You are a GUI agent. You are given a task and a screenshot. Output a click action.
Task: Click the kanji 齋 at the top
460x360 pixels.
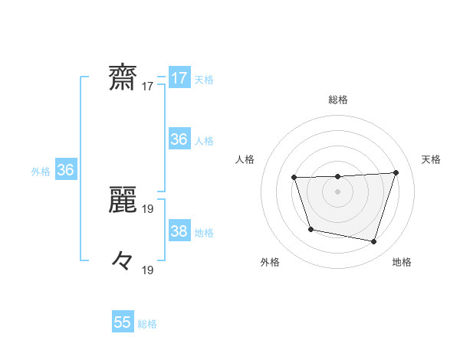point(123,78)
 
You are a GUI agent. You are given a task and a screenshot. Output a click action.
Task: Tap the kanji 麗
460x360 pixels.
point(123,198)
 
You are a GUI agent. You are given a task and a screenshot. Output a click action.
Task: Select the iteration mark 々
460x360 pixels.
point(123,260)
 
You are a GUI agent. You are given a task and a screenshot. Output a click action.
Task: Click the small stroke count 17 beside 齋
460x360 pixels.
point(148,87)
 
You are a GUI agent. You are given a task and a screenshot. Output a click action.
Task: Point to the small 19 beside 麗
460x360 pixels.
point(148,208)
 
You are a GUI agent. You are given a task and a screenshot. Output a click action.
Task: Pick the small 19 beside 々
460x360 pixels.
point(148,270)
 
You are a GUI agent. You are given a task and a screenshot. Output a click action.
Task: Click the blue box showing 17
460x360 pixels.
point(179,78)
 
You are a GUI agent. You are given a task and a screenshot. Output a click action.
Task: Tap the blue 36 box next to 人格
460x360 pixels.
point(179,139)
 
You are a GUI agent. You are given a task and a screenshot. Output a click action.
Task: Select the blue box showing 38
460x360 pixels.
point(179,231)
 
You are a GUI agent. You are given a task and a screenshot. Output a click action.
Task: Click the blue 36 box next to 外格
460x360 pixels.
point(65,170)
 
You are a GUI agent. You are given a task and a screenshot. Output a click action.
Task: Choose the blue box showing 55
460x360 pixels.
point(123,322)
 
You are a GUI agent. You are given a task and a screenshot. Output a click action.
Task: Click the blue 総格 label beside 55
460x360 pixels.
point(147,324)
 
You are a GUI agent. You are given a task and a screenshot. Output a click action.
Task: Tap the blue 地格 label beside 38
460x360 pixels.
point(204,233)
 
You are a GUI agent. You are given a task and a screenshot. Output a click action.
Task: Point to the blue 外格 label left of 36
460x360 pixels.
point(41,172)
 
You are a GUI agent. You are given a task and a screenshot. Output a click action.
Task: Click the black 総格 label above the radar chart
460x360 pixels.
point(338,100)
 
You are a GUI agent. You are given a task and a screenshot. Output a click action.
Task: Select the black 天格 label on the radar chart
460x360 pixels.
point(431,159)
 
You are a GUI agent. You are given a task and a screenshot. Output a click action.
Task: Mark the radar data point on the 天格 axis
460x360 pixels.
point(396,172)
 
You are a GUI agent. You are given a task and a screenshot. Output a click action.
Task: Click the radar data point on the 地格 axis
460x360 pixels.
point(373,241)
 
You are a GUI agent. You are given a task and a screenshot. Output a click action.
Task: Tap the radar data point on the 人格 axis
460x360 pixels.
point(294,178)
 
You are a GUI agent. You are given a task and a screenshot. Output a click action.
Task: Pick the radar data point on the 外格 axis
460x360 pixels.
point(310,229)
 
